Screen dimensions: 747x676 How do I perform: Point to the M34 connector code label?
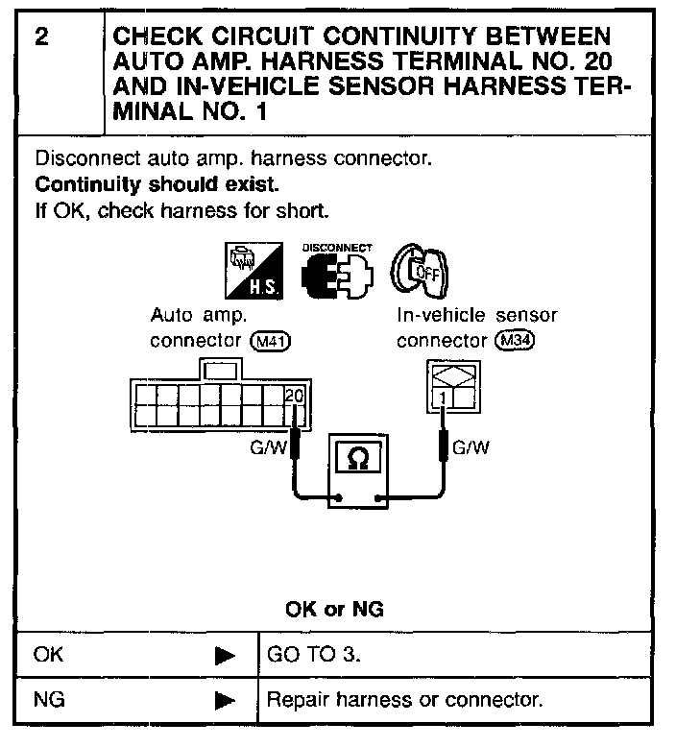click(513, 340)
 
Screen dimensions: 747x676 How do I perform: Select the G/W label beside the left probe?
click(269, 446)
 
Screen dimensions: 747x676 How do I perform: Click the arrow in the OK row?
click(225, 656)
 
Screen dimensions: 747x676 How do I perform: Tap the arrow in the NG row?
click(225, 700)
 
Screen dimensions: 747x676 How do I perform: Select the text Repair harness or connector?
click(404, 699)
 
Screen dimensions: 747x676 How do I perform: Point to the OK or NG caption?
click(336, 609)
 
